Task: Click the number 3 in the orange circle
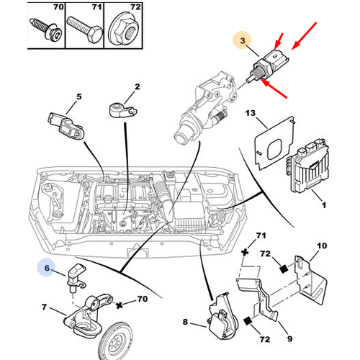coord(243,40)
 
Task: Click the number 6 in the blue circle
coord(47,268)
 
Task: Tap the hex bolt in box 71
coord(85,29)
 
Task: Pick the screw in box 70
coord(46,29)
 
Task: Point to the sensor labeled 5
coord(67,126)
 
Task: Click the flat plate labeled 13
coord(274,143)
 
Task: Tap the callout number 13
coord(251,113)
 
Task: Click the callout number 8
coord(185,322)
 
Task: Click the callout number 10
coord(322,246)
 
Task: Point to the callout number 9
coord(290,338)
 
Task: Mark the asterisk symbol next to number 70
coord(120,305)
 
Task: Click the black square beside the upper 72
coord(284,269)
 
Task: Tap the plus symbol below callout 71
coord(245,253)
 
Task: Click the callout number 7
coord(44,307)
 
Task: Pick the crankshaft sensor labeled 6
coord(76,277)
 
